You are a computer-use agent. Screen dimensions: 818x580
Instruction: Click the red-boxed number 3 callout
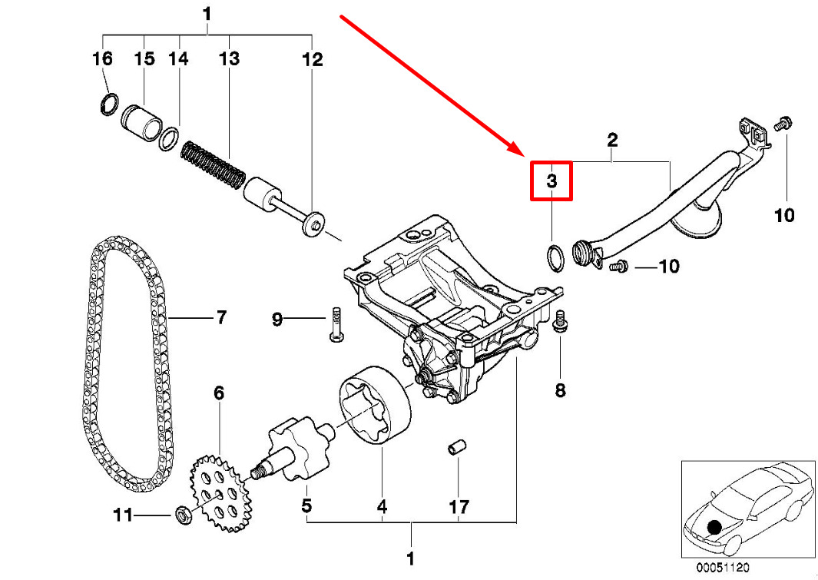551,181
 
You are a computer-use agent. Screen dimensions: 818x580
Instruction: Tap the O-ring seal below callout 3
555,257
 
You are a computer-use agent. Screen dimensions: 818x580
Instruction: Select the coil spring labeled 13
213,165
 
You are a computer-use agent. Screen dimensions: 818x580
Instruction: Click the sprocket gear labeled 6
220,493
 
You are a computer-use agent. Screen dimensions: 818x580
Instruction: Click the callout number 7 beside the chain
222,317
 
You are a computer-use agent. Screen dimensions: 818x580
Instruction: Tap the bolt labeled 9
336,323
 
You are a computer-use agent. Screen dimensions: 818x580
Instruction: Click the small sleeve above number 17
458,448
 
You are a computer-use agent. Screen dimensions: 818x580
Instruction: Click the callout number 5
306,505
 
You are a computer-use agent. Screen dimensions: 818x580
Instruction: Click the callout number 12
313,59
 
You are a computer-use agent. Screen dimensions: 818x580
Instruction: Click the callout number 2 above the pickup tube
612,139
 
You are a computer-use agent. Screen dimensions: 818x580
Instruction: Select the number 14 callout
178,58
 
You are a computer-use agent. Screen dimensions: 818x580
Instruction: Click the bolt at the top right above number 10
783,124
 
